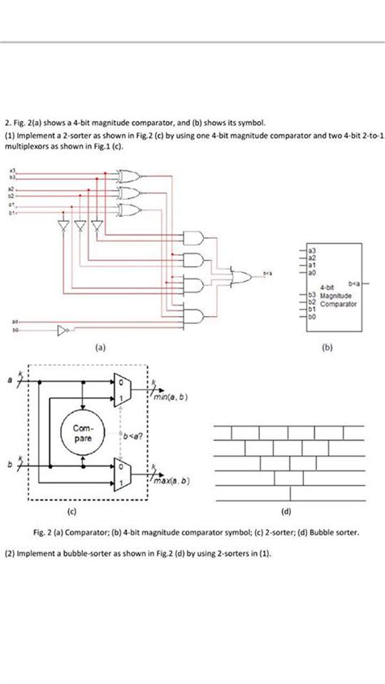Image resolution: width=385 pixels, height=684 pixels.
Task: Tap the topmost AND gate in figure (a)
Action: [196, 237]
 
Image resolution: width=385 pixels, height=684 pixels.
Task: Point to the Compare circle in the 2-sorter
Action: [83, 431]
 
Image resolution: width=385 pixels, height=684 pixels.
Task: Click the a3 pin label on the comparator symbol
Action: [313, 249]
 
